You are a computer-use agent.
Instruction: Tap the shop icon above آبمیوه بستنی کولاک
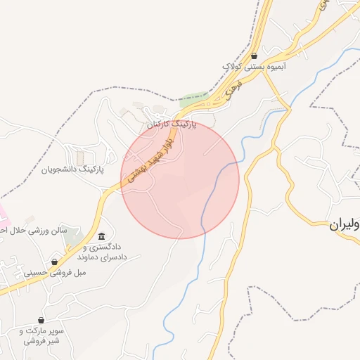tap(254, 56)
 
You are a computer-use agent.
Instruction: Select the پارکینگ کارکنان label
tap(172, 124)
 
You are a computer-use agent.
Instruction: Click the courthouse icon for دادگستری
tap(103, 236)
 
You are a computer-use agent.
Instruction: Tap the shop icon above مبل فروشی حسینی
tap(55, 262)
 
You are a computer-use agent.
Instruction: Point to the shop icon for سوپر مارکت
tap(41, 321)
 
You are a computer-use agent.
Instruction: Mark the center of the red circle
tap(180, 179)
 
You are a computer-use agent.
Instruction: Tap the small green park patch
tap(193, 98)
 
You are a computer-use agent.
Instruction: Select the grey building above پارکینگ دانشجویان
tap(79, 155)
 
